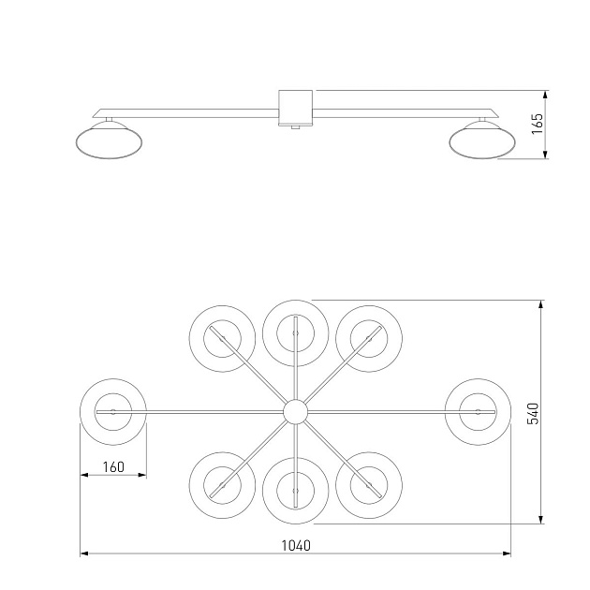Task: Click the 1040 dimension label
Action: pos(296,545)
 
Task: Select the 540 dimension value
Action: pos(533,414)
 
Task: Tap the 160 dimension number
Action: pos(113,467)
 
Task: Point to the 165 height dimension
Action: pos(537,124)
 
